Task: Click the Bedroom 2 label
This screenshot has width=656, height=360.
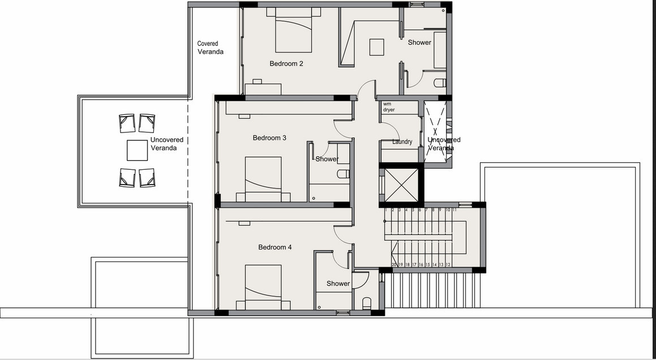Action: pos(286,63)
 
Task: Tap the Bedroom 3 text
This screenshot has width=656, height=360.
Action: pos(269,138)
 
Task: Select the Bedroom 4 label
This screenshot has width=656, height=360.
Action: pos(275,247)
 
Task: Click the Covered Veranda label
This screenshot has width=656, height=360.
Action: pos(211,48)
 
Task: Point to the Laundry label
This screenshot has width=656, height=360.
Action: pos(402,142)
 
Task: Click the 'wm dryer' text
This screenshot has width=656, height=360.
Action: pos(389,107)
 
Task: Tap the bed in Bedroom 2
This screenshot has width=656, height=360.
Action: pos(294,30)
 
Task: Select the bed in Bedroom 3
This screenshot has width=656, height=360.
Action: pos(263,179)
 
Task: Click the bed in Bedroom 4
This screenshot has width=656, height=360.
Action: pos(263,287)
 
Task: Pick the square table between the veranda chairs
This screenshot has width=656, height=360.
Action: pos(137,150)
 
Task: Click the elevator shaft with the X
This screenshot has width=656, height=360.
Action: pos(401,186)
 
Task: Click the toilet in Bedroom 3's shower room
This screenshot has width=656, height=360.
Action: pos(343,174)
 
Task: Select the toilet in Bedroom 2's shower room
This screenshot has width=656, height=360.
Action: pos(440,83)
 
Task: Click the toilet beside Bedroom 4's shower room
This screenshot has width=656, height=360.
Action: pos(367,303)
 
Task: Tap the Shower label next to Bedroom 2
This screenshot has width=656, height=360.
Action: pos(419,42)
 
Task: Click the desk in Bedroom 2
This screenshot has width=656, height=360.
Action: pos(263,89)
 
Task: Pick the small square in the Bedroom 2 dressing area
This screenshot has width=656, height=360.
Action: pos(376,47)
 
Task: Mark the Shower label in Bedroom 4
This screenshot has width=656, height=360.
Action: pos(338,284)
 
